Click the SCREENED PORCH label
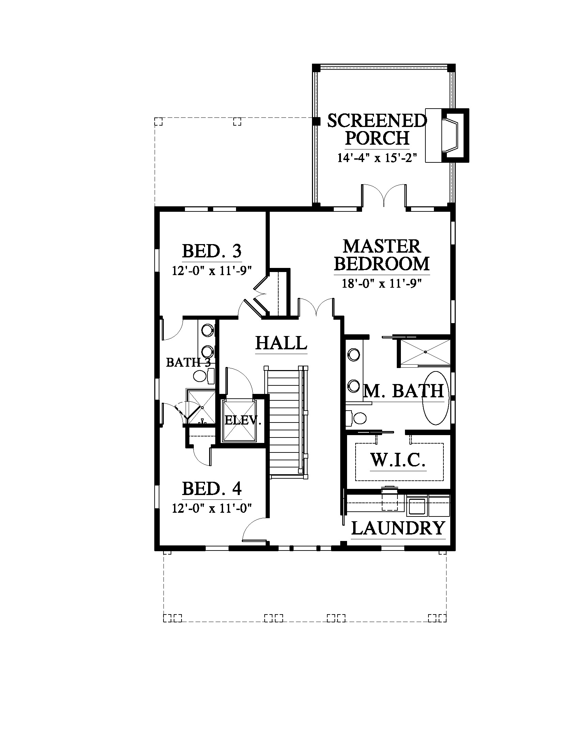[x=377, y=130]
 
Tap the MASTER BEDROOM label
[x=382, y=255]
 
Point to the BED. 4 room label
[x=212, y=489]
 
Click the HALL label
[x=281, y=342]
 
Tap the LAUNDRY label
[x=398, y=528]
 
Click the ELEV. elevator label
[x=243, y=420]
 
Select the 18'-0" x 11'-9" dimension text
[x=381, y=283]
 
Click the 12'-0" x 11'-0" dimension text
[x=212, y=508]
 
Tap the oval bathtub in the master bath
[x=436, y=398]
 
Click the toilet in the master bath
[x=356, y=418]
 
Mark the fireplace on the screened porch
[x=447, y=136]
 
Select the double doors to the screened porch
[x=384, y=195]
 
